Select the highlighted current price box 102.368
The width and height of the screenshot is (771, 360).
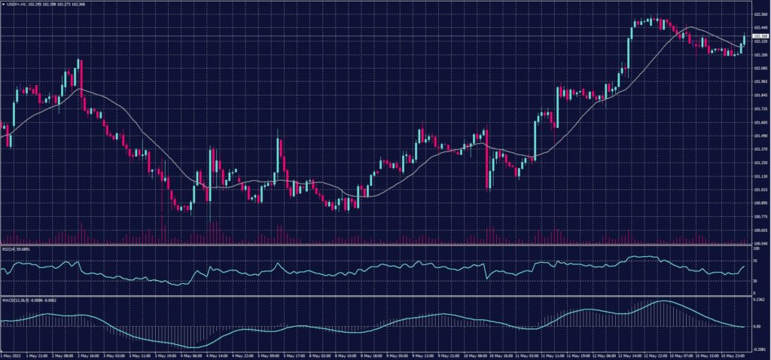pyautogui.click(x=760, y=35)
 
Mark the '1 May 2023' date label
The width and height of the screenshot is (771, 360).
pyautogui.click(x=10, y=354)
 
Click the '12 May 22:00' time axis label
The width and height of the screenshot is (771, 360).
pyautogui.click(x=654, y=354)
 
